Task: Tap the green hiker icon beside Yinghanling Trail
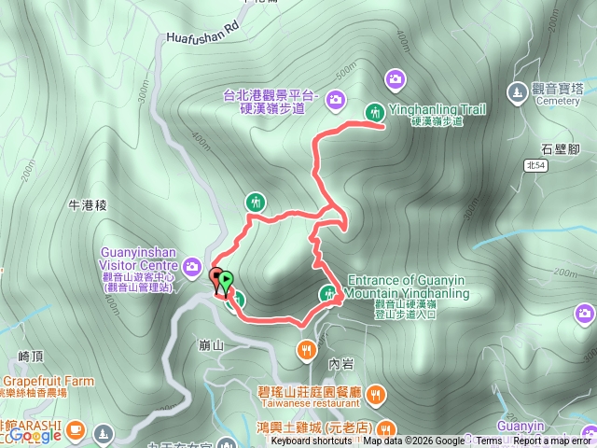tap(374, 111)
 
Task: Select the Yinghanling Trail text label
tap(437, 109)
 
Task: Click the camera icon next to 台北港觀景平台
tap(335, 99)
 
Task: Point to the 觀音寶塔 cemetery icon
tap(517, 91)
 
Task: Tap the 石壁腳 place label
tap(561, 148)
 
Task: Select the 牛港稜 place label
tap(90, 203)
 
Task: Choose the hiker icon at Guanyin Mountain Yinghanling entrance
tap(328, 295)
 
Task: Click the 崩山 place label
tap(212, 344)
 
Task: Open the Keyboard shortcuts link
tap(312, 441)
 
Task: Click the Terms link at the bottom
tap(489, 441)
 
